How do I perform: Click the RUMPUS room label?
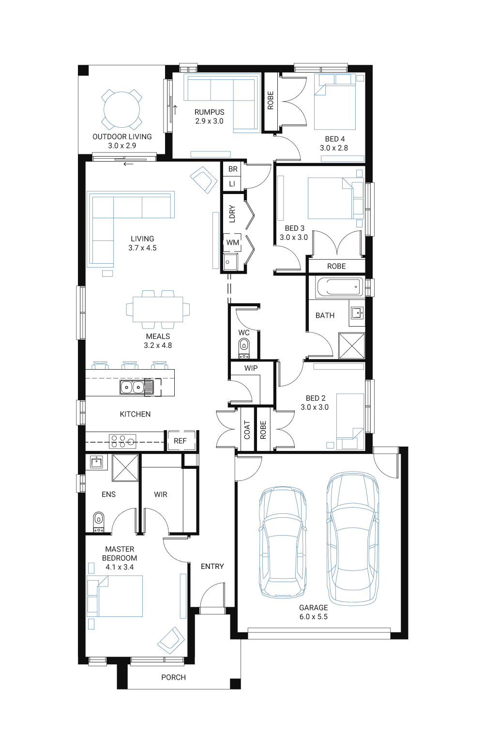[x=210, y=112]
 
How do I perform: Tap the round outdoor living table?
[x=122, y=109]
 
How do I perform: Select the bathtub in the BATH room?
[x=339, y=287]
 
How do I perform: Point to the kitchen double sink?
[x=132, y=388]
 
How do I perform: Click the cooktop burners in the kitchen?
[x=122, y=441]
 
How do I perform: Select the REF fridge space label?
[x=180, y=441]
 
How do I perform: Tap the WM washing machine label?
[x=233, y=242]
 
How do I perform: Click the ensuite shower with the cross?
[x=125, y=468]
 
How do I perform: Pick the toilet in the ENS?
[x=98, y=522]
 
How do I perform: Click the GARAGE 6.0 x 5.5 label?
[x=313, y=612]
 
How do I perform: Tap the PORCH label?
[x=173, y=677]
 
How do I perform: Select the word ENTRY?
[x=212, y=567]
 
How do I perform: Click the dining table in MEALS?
[x=158, y=309]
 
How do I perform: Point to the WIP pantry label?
[x=251, y=368]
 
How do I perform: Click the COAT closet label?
[x=247, y=430]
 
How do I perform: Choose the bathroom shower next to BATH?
[x=352, y=345]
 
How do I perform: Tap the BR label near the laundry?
[x=233, y=169]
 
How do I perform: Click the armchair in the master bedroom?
[x=171, y=641]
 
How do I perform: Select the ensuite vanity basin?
[x=96, y=462]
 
